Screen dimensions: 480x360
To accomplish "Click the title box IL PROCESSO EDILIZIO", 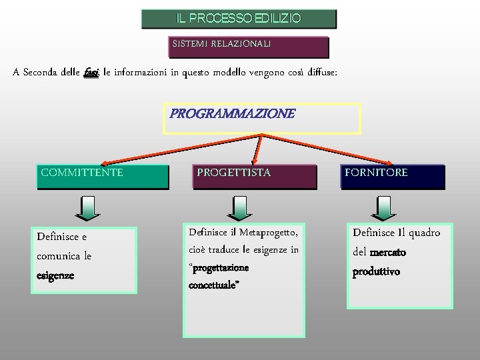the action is click(239, 19).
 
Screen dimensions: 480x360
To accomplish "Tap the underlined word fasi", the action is click(91, 73).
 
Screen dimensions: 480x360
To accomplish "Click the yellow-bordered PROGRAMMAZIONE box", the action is click(262, 118).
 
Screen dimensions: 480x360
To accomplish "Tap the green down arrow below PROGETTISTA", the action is click(239, 208).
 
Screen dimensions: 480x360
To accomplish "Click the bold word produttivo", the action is click(377, 272).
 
